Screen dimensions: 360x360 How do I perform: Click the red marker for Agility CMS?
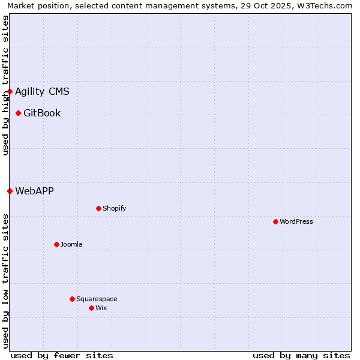pos(10,92)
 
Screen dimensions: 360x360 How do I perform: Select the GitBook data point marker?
pos(19,113)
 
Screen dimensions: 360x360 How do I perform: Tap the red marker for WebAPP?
pos(10,191)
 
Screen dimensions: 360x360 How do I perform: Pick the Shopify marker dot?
pos(99,209)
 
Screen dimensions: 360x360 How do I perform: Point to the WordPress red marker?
pos(276,222)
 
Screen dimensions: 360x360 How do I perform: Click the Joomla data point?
pos(57,245)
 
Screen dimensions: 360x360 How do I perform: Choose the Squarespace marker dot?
pos(73,299)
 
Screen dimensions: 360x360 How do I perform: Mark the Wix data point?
pos(92,308)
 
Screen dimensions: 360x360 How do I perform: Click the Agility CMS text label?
pos(42,92)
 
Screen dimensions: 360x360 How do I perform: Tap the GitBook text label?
pos(42,113)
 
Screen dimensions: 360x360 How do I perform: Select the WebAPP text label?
pos(34,191)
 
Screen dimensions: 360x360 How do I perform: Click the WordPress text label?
pos(296,222)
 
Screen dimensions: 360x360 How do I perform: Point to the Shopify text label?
pos(114,209)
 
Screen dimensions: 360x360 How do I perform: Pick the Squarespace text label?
pos(97,299)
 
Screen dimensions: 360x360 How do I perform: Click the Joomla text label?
pos(71,245)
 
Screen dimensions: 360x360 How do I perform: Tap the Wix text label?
pos(101,308)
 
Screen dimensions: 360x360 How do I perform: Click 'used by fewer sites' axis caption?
pos(62,355)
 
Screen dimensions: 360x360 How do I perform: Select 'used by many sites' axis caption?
pos(301,355)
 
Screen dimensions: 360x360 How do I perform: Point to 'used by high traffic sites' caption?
pos(5,85)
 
